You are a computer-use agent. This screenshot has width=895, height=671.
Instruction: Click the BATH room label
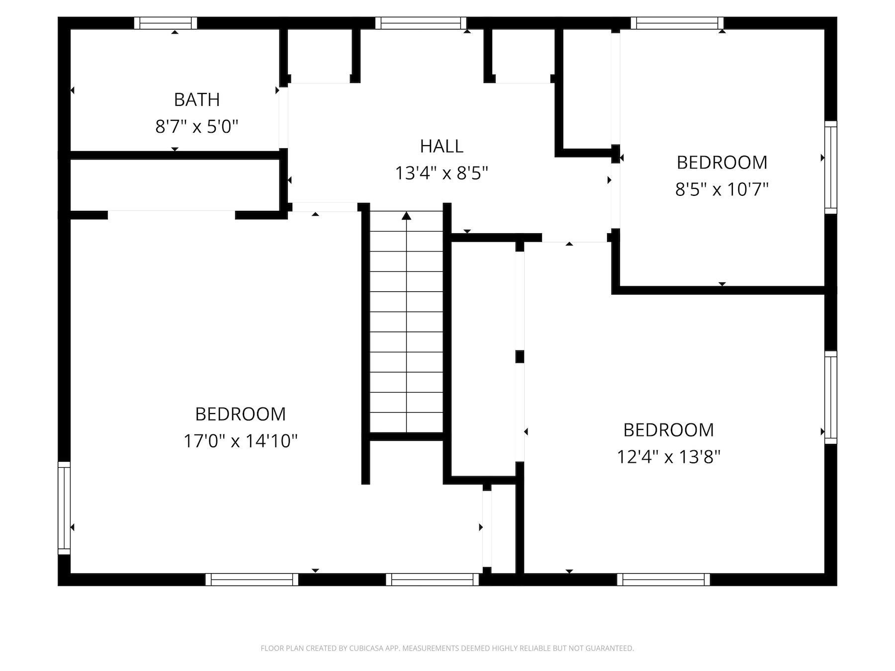(197, 100)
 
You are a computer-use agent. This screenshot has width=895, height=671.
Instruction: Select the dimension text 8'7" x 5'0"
(197, 127)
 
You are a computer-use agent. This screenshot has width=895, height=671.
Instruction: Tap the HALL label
(442, 146)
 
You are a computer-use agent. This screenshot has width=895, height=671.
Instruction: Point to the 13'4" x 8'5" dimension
(442, 173)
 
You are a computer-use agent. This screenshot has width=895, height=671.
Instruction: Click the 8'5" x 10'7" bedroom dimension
(722, 189)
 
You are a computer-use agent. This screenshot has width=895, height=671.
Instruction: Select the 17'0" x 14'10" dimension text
(241, 441)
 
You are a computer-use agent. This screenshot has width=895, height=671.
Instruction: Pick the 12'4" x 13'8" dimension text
(669, 456)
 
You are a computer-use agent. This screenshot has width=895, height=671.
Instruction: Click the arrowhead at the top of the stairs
(407, 216)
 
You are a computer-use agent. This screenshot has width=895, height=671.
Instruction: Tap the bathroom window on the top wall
(166, 23)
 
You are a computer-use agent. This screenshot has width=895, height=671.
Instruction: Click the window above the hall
(421, 23)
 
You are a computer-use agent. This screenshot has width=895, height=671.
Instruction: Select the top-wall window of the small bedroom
(677, 23)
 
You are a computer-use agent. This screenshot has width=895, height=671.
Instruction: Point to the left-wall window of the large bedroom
(64, 507)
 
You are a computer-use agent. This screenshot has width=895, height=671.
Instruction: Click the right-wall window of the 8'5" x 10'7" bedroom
(831, 168)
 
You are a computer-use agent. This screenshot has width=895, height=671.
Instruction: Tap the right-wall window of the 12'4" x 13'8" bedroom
(831, 397)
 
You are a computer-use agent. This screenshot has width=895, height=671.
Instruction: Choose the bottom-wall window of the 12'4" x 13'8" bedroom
(664, 580)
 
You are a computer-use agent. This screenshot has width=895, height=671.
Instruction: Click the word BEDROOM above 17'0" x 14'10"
(241, 414)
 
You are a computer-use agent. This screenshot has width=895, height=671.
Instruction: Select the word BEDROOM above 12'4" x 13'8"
(669, 430)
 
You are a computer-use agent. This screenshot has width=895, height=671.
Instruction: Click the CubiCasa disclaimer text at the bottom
(447, 648)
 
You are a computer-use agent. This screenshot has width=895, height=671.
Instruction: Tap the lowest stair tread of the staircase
(407, 422)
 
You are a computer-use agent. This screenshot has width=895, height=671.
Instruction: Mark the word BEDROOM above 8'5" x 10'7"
(722, 163)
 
